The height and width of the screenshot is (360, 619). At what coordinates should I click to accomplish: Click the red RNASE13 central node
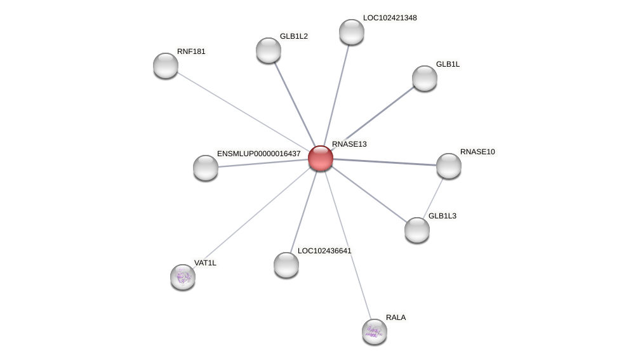click(321, 158)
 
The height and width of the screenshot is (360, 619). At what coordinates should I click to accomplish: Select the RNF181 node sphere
click(166, 65)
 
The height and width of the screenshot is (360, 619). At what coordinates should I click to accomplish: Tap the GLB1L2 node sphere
click(269, 50)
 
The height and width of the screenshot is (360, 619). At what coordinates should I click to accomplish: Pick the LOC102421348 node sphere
click(352, 32)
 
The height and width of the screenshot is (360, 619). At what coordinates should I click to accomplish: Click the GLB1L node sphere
click(425, 78)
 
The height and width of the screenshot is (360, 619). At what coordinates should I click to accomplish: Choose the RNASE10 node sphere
click(449, 166)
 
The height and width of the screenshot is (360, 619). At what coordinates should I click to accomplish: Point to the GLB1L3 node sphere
click(417, 230)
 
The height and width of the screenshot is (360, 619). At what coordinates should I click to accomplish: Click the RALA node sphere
click(375, 331)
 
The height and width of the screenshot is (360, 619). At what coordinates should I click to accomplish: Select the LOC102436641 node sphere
click(286, 265)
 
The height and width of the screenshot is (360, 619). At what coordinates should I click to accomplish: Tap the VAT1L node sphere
click(183, 276)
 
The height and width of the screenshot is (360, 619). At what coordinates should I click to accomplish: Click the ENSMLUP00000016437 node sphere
click(206, 168)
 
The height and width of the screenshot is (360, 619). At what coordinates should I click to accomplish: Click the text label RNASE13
click(349, 144)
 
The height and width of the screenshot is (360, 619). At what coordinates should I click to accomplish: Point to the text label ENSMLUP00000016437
click(258, 154)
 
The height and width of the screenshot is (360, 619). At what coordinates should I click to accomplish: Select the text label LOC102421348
click(390, 18)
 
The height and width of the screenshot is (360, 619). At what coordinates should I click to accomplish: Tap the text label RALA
click(396, 317)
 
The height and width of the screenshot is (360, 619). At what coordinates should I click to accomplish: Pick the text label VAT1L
click(205, 263)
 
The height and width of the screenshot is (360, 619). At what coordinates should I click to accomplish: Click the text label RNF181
click(191, 51)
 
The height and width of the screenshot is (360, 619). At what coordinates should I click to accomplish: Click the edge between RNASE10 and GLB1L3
click(434, 197)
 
